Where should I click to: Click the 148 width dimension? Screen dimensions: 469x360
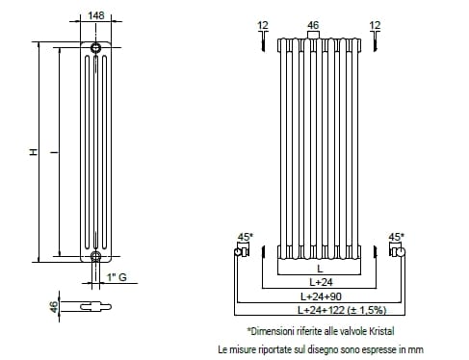coord(96,15)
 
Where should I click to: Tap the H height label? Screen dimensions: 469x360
coord(34,152)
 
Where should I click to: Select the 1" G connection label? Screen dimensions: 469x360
coord(117,277)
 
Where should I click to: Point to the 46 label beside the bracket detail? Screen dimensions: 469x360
coord(54,306)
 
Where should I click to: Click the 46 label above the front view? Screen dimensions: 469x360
coord(313,25)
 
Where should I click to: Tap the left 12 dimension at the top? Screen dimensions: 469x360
coord(263,25)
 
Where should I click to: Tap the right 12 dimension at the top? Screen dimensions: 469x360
coord(375,25)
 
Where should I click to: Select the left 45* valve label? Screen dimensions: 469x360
coord(246,237)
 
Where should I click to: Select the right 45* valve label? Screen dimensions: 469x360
coord(397,237)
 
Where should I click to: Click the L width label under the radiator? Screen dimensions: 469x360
coord(320,269)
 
